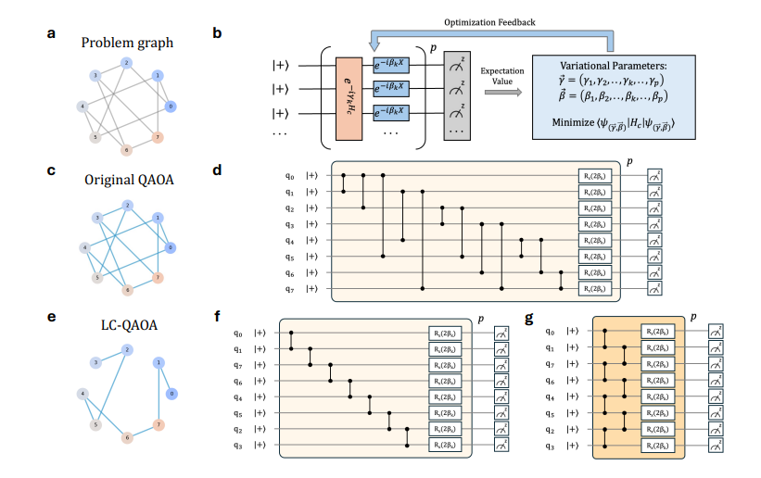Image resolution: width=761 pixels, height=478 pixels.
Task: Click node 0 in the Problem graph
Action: click(x=171, y=106)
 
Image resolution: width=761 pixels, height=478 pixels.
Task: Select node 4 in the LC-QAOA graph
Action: click(x=84, y=394)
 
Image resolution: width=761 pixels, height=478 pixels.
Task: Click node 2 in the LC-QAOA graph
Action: click(x=126, y=347)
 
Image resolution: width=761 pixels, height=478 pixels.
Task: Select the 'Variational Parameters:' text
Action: click(x=608, y=65)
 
